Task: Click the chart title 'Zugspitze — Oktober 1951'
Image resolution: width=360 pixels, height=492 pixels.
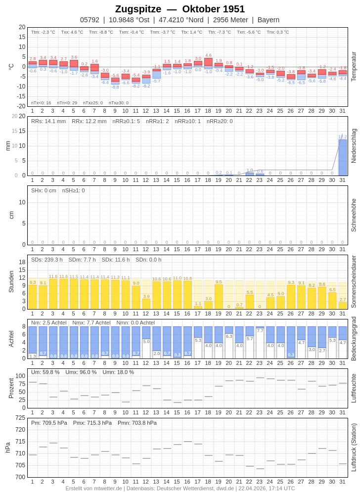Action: point(180,9)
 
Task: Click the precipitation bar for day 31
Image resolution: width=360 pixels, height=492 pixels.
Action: point(342,157)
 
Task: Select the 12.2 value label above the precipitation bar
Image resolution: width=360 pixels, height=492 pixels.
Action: point(342,137)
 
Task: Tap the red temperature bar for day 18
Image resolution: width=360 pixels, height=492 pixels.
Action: point(208,62)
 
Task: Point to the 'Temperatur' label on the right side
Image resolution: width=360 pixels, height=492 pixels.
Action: point(354,67)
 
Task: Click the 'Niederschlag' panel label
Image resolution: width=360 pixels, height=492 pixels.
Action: point(354,146)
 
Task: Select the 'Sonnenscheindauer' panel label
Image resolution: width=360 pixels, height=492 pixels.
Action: point(354,281)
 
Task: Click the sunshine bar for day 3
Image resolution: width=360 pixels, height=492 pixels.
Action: point(53,294)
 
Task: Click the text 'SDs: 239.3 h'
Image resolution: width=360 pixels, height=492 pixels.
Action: point(46,260)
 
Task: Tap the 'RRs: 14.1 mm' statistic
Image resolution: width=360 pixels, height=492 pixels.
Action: point(48,121)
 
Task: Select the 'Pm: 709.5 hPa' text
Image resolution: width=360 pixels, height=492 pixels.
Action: point(49,423)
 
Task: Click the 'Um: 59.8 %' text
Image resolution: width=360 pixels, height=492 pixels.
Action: point(45,372)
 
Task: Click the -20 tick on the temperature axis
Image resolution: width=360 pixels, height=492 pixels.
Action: point(20,106)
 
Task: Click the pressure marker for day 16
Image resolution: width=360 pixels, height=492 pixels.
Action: point(187,442)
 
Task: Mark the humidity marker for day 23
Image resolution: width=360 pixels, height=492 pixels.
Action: point(260,378)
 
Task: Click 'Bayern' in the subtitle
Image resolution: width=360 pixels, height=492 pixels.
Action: point(268,20)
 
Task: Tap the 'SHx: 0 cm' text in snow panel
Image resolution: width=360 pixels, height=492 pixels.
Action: point(44,190)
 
